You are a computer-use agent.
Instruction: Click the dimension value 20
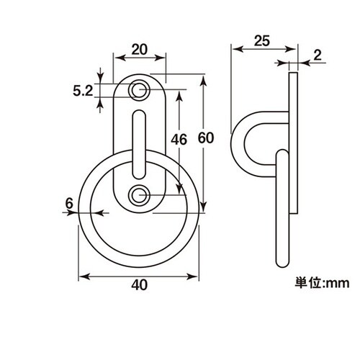click(139, 50)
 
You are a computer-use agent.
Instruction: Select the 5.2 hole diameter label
click(83, 91)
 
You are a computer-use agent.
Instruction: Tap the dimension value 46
click(179, 140)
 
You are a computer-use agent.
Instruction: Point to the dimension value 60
click(206, 138)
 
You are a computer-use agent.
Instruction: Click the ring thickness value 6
click(69, 204)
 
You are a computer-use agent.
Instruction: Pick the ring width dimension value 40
click(139, 285)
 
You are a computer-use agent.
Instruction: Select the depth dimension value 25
click(262, 41)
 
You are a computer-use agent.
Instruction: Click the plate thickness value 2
click(318, 55)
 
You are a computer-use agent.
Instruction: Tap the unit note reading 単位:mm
click(322, 283)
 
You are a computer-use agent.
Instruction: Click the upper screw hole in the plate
click(139, 90)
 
